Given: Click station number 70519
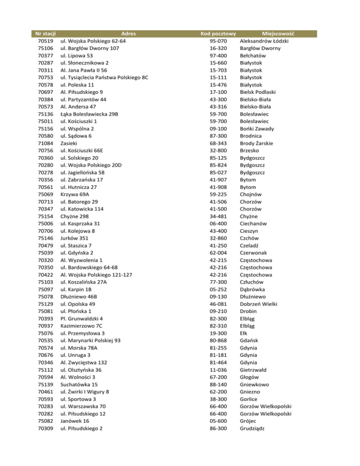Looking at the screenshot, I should click(45, 41).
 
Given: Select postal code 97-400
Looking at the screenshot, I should click(218, 55).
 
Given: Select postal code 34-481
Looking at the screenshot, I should click(218, 216).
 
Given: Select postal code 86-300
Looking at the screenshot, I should click(218, 428).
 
